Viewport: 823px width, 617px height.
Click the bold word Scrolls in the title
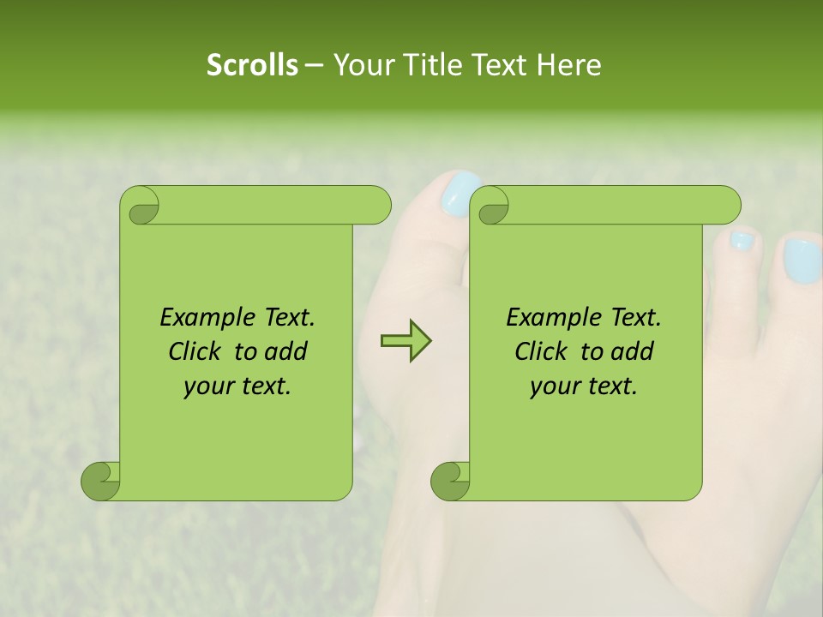pyautogui.click(x=252, y=65)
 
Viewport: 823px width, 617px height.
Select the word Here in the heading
pyautogui.click(x=568, y=65)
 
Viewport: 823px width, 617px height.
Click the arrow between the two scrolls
pyautogui.click(x=405, y=341)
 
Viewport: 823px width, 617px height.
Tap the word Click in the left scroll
pyautogui.click(x=188, y=351)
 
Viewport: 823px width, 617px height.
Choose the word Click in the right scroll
pyautogui.click(x=534, y=351)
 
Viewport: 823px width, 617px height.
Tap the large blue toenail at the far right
pyautogui.click(x=802, y=261)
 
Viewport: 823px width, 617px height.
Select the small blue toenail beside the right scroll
pyautogui.click(x=741, y=241)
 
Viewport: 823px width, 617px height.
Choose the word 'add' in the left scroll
pyautogui.click(x=286, y=351)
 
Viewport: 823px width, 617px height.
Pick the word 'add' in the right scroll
pyautogui.click(x=633, y=351)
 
